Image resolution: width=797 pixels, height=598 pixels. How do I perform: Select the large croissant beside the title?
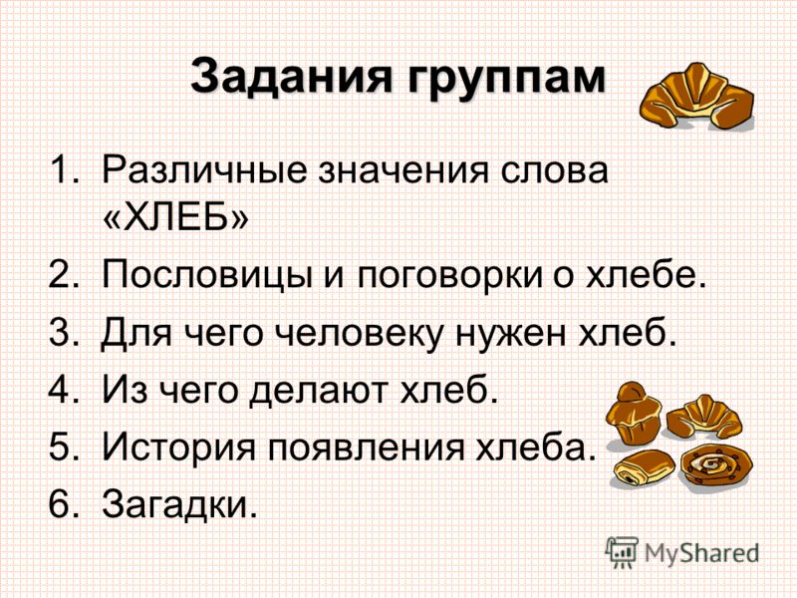[x=696, y=96]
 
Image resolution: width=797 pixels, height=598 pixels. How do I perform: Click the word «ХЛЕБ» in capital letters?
[x=176, y=216]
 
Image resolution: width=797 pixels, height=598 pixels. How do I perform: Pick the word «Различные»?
[x=204, y=171]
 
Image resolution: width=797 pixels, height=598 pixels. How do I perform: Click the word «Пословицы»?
[x=207, y=276]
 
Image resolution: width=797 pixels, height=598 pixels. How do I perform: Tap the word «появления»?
[x=366, y=447]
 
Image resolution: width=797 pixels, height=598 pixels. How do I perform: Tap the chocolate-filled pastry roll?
[x=643, y=468]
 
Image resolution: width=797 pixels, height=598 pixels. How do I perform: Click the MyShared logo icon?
[x=621, y=551]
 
